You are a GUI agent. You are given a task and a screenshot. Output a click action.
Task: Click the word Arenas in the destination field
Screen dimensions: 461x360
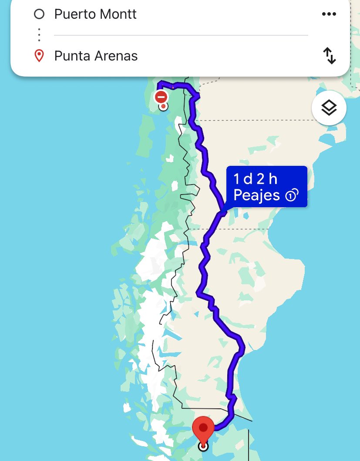(x=115, y=56)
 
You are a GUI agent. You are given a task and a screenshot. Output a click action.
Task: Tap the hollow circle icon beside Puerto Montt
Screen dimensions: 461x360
(x=39, y=14)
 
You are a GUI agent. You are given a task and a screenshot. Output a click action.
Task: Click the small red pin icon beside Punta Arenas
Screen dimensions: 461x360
(x=39, y=56)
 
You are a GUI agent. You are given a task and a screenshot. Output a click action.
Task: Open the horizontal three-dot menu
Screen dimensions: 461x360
(x=329, y=14)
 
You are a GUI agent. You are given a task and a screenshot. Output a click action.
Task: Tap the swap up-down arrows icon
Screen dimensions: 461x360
(x=329, y=56)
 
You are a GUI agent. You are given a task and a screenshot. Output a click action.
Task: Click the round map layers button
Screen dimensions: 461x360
(x=329, y=108)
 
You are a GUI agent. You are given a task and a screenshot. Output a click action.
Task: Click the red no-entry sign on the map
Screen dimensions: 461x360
(x=161, y=96)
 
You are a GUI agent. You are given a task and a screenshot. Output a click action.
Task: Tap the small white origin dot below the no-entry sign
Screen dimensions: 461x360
(x=163, y=106)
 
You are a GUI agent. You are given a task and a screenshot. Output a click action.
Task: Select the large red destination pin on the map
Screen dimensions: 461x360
(x=203, y=428)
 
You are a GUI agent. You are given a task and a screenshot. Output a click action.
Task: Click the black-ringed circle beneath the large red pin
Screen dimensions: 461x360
(x=203, y=446)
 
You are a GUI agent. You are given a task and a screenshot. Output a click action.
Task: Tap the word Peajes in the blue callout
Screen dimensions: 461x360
(x=256, y=195)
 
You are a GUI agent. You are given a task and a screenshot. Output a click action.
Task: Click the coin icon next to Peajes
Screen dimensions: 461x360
(x=291, y=195)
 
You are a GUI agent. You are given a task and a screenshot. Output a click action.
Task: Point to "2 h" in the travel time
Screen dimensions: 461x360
(x=266, y=179)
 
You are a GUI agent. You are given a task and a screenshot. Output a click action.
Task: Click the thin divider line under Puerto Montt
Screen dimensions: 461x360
(x=181, y=35)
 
